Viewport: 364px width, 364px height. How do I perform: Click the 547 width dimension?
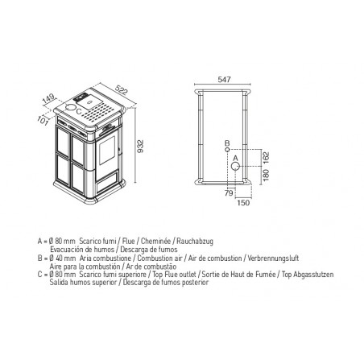tap(224, 80)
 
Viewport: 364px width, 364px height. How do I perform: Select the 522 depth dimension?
tap(122, 90)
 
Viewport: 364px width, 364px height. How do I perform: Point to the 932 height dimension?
tap(140, 146)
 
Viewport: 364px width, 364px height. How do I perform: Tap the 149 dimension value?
tap(48, 98)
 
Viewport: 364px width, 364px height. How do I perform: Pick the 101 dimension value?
tap(43, 121)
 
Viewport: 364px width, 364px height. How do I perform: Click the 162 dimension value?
tap(266, 159)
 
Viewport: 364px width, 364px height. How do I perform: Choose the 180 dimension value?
tap(266, 175)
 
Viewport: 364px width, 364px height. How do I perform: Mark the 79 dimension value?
tap(229, 193)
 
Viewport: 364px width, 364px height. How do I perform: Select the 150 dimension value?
tap(243, 203)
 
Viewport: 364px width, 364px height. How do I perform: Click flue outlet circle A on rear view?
tap(235, 167)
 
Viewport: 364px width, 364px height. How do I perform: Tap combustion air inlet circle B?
tap(227, 150)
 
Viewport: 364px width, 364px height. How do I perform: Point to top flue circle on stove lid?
tap(71, 107)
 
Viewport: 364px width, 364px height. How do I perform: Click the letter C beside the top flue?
tap(79, 111)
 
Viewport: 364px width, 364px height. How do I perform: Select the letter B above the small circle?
tap(227, 143)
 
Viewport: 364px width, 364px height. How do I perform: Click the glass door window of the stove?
tap(107, 150)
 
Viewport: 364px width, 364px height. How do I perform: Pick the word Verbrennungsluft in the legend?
tap(273, 259)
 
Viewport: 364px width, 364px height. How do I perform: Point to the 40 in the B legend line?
tap(59, 259)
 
